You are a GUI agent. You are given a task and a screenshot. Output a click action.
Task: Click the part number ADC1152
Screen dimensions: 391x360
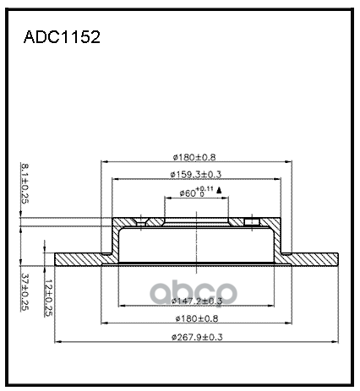point(61,39)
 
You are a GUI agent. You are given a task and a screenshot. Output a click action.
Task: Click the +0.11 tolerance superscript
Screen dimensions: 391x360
point(204,189)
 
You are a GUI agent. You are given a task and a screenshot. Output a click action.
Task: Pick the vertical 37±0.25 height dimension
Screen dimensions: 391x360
point(25,291)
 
